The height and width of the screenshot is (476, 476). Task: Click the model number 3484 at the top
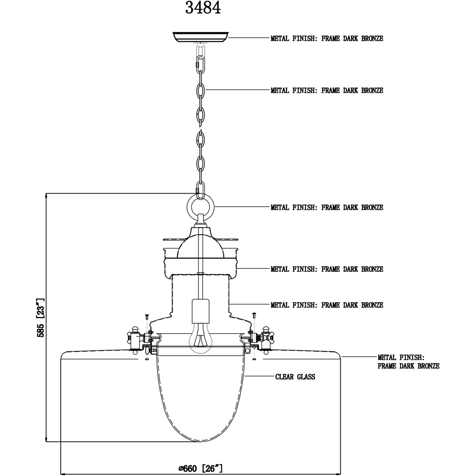203,8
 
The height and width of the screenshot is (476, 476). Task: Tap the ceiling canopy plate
201,37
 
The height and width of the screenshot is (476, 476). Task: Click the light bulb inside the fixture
200,338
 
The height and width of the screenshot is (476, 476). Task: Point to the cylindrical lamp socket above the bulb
201,311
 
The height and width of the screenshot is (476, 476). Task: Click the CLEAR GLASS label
295,377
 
